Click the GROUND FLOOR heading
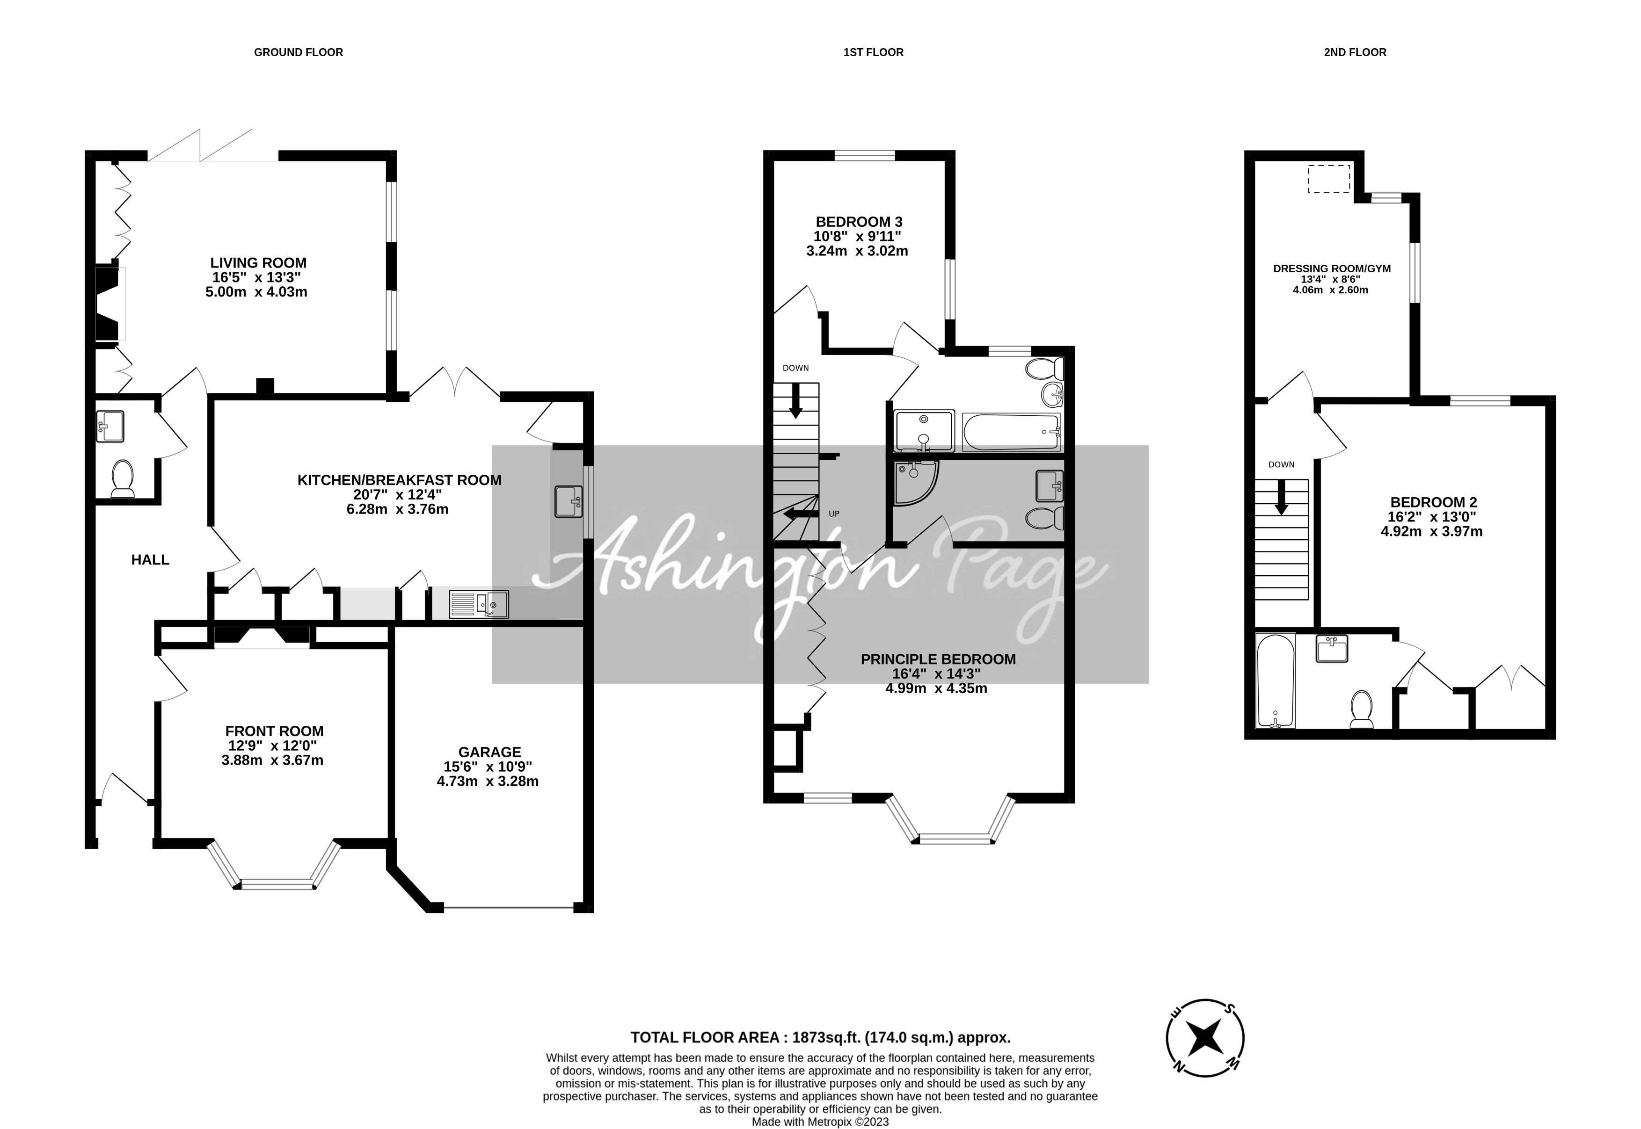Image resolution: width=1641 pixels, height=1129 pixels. [x=298, y=52]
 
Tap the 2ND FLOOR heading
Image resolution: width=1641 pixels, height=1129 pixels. [x=1355, y=52]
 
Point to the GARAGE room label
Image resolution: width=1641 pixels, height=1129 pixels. [x=490, y=752]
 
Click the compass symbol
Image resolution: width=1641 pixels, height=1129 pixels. [x=1204, y=1038]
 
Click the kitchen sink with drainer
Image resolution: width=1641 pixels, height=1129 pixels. [x=478, y=603]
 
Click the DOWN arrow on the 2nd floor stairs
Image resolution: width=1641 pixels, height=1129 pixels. [x=1281, y=498]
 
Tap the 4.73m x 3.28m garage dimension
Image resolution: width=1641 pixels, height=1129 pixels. [x=488, y=782]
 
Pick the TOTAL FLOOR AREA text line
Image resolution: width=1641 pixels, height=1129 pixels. [x=820, y=1038]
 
